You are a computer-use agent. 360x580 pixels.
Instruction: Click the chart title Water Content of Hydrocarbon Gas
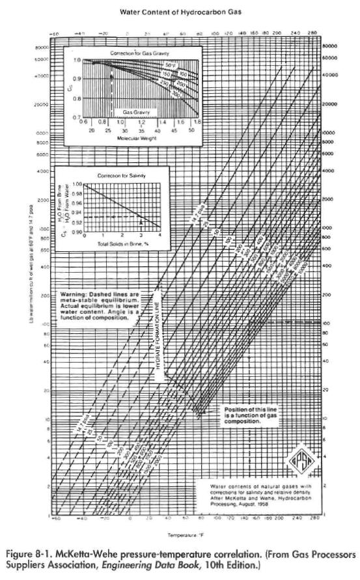click(180, 11)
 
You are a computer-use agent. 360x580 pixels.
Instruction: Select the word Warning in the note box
click(72, 294)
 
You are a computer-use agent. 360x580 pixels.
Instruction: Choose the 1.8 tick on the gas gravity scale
click(197, 121)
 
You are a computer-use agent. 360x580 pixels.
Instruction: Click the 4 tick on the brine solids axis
click(160, 235)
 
